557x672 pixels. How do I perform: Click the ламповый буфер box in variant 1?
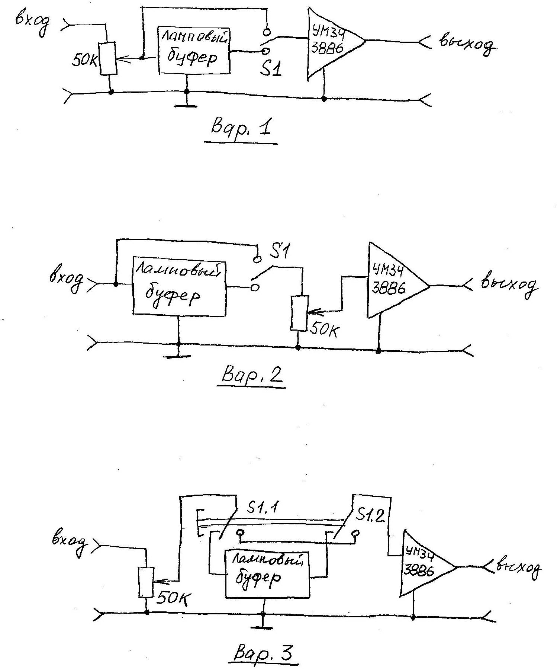click(194, 51)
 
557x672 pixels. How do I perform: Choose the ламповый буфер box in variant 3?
click(267, 574)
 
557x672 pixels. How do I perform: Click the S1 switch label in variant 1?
click(270, 68)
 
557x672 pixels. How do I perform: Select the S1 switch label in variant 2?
click(279, 252)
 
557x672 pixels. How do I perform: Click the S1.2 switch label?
click(370, 515)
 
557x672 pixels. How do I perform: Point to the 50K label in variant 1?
click(84, 61)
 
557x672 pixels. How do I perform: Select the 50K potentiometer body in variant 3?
click(146, 582)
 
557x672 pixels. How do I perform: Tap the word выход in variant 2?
click(509, 285)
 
